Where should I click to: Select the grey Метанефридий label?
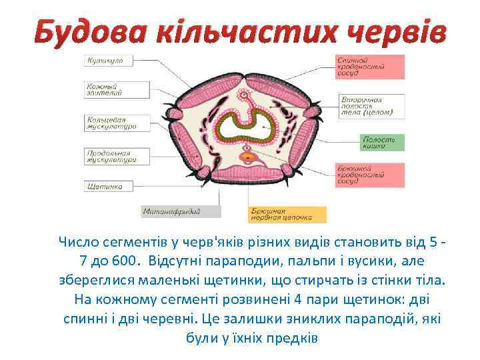(181, 212)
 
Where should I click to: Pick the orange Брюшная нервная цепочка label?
(288, 214)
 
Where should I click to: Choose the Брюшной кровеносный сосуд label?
(369, 175)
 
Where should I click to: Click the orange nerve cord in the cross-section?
(247, 159)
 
